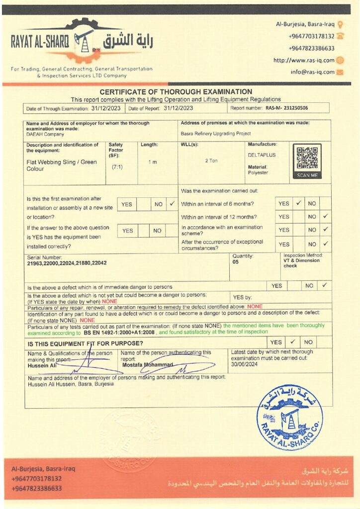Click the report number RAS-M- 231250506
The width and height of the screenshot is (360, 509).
[x=286, y=108]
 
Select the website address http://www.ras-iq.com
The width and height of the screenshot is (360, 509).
[x=304, y=60]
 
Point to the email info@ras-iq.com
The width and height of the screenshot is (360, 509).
[x=312, y=72]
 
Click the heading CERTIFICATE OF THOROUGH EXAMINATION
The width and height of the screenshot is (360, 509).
[x=176, y=92]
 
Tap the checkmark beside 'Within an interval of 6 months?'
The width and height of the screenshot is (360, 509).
[x=298, y=203]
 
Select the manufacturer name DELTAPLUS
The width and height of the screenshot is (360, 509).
[x=261, y=155]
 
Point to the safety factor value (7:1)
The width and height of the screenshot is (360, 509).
[x=117, y=167]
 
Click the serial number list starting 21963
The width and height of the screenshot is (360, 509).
[x=67, y=263]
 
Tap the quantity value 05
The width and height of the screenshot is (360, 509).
[x=235, y=261]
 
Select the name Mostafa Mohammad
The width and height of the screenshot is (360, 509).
[x=148, y=365]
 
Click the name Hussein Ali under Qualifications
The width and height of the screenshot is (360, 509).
[x=42, y=365]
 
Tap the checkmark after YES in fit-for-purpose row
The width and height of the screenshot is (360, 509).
[x=293, y=342]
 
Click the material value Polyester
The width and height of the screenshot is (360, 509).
[x=258, y=172]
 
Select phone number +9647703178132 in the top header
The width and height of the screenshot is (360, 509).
[x=311, y=36]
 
